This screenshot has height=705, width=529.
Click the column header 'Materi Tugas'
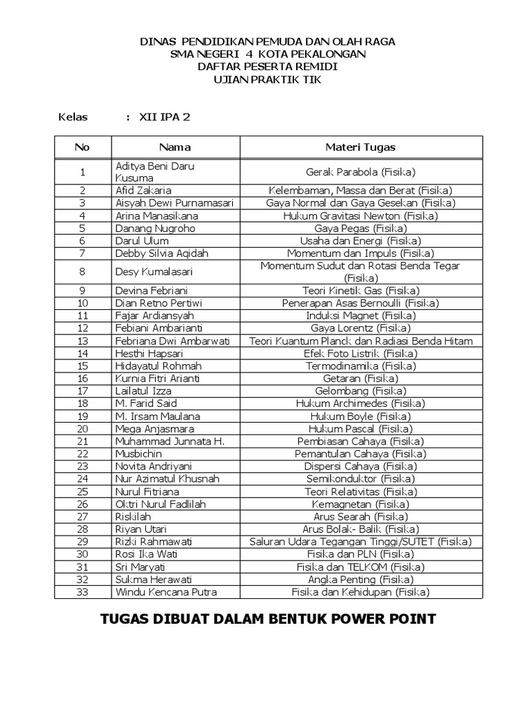pos(360,147)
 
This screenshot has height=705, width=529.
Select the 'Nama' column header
pos(175,147)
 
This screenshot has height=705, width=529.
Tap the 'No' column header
pos(82,147)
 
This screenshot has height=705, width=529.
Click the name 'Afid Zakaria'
pos(143,190)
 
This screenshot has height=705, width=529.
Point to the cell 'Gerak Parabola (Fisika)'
pos(360,172)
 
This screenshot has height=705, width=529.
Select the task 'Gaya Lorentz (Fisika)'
pos(360,328)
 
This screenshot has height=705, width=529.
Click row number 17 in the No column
pos(83,391)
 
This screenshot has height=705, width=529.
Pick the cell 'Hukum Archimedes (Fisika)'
pos(360,403)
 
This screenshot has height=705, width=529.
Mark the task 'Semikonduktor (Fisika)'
pos(360,478)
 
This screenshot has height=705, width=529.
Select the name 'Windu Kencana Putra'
pos(166,592)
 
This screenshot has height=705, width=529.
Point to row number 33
pos(83,592)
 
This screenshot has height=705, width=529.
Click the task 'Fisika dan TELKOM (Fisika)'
pos(360,567)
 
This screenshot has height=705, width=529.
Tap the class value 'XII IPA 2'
pos(165,117)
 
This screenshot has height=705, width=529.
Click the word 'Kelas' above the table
pos(74,117)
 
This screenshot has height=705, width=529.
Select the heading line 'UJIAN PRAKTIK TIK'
pos(268,80)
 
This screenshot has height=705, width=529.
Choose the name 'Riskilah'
pos(133,516)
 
